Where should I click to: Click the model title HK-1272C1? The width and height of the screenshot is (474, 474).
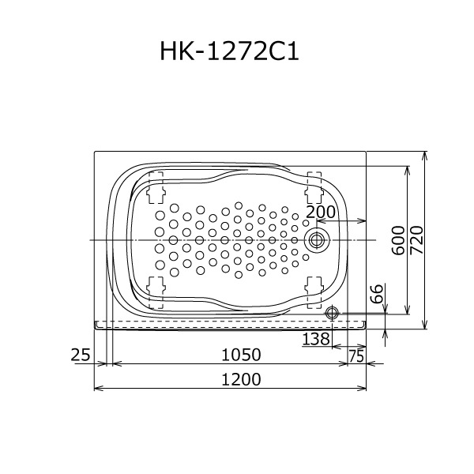coord(229,51)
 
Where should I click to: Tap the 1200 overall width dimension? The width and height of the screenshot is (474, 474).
coord(241,379)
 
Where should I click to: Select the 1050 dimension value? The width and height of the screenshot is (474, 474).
coord(241,355)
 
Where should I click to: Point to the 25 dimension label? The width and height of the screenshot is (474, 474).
coord(81,355)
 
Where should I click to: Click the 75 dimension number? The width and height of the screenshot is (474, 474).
coord(356,356)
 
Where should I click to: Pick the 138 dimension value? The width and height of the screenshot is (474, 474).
coord(315,339)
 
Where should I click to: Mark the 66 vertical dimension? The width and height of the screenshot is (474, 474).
coord(377,293)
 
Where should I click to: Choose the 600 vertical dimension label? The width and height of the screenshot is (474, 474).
coord(398,240)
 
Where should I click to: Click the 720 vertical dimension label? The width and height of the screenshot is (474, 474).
coord(416,240)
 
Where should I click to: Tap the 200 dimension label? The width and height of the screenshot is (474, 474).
coord(321,212)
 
